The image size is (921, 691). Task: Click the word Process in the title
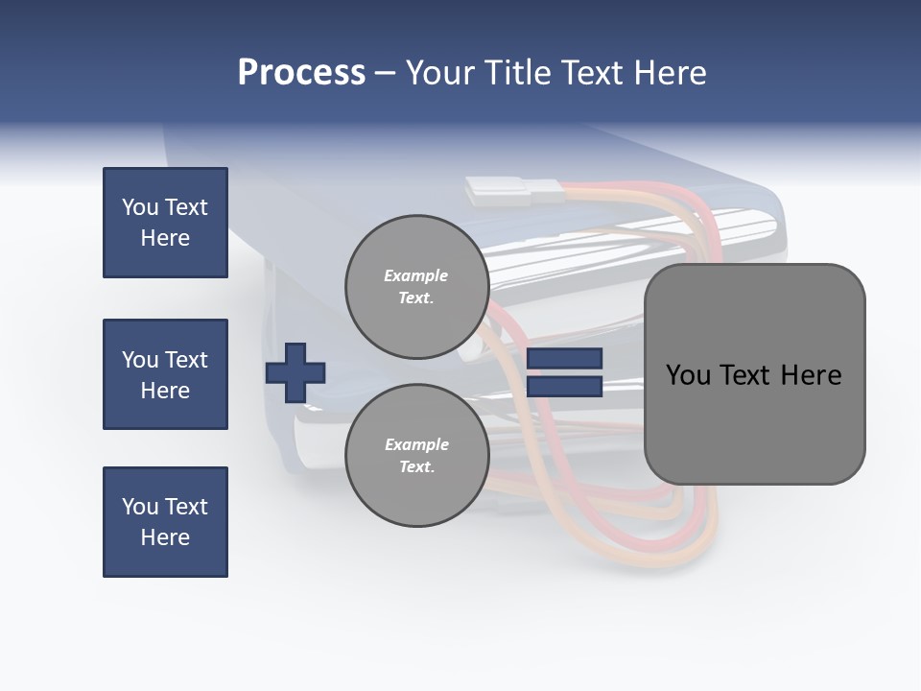[x=301, y=73]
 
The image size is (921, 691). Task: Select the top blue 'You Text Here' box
[x=165, y=223]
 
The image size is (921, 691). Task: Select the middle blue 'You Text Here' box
[x=165, y=374]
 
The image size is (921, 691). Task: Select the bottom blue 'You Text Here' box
[x=165, y=522]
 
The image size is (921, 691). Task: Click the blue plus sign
[x=295, y=372]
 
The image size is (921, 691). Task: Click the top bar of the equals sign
[x=564, y=358]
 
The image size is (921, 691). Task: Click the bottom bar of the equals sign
[x=564, y=387]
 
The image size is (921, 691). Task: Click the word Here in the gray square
[x=811, y=375]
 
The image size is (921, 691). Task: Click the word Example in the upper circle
[x=415, y=275]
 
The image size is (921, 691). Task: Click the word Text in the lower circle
[x=415, y=466]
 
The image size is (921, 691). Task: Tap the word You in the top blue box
[x=140, y=207]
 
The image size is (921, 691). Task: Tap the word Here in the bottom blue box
[x=165, y=537]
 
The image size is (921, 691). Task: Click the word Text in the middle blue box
[x=186, y=360]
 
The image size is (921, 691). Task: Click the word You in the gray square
[x=688, y=375]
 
